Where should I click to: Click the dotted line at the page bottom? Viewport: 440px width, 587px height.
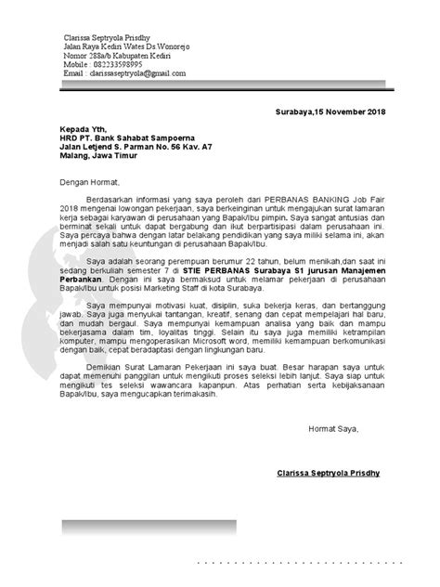click(x=306, y=562)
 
